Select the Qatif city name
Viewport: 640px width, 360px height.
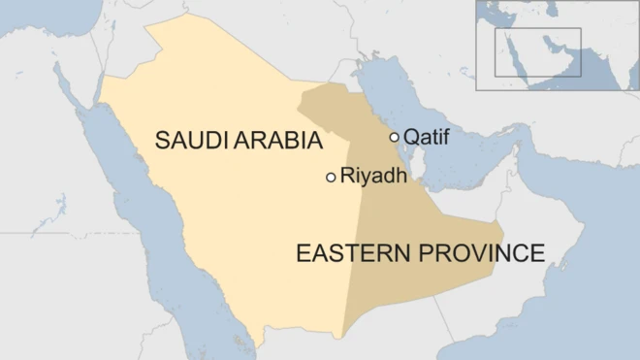click(x=426, y=137)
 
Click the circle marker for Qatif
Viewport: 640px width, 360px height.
click(x=394, y=137)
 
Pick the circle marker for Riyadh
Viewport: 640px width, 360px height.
click(x=331, y=177)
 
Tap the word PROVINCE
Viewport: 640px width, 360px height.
click(x=480, y=254)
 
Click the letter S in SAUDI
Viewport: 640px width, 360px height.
click(x=162, y=142)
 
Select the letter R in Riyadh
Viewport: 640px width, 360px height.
click(x=346, y=177)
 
